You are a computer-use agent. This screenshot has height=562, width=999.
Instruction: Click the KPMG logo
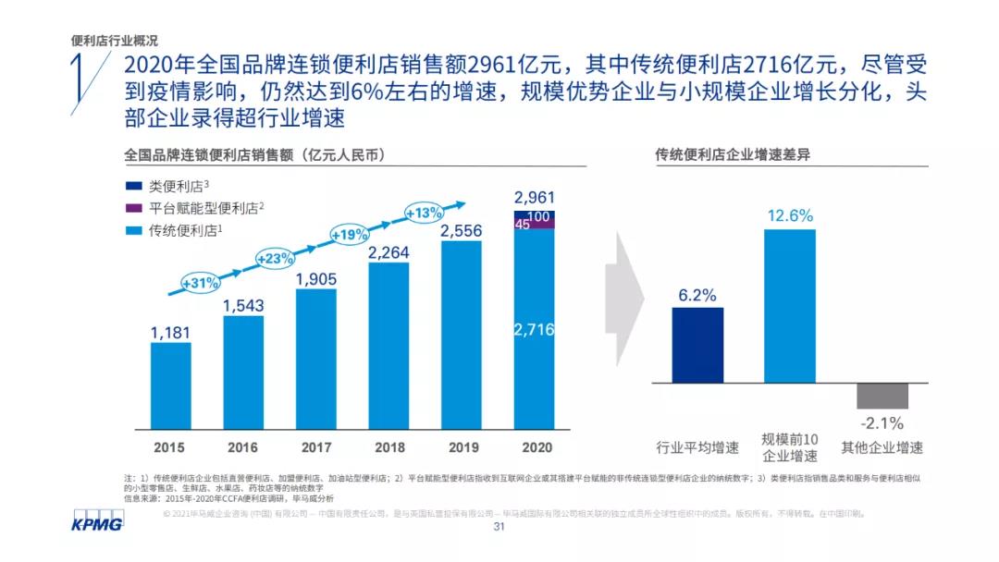(97, 524)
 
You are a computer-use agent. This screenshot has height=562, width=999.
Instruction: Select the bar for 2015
(170, 385)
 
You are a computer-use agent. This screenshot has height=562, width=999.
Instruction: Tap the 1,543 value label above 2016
(243, 304)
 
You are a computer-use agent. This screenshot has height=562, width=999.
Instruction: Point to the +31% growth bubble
(201, 282)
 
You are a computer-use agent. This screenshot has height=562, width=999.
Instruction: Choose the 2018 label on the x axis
(388, 447)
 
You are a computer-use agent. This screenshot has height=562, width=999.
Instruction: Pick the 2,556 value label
(461, 230)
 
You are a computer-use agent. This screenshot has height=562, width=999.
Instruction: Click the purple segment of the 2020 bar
(533, 223)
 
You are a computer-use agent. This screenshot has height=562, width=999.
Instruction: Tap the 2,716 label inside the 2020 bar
(533, 330)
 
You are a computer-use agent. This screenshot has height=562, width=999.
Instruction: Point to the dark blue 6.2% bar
(697, 345)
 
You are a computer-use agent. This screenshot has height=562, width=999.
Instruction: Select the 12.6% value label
(789, 216)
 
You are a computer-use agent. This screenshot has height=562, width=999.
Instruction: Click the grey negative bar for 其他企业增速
(882, 396)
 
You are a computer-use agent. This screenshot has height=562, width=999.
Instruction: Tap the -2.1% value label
(882, 423)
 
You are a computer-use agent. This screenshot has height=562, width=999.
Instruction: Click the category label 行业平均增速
(697, 448)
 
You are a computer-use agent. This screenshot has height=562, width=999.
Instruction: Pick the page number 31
(499, 528)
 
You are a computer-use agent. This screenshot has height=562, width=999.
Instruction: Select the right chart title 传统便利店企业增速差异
(719, 154)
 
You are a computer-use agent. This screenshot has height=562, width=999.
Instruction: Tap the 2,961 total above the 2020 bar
(533, 197)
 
